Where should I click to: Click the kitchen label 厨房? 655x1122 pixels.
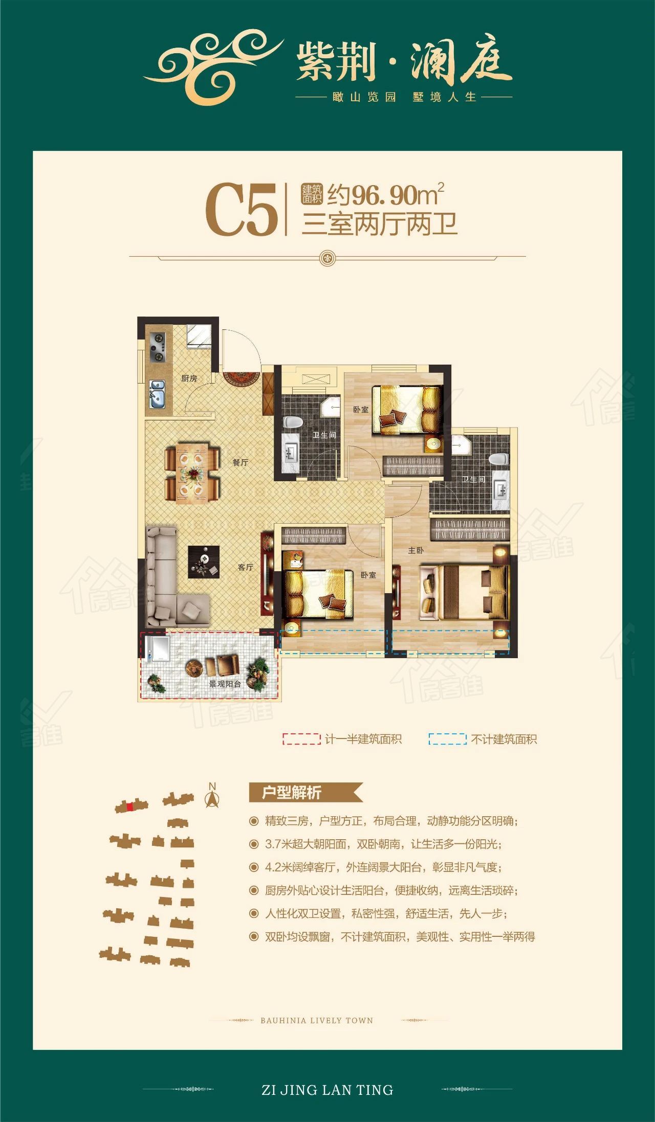click(189, 378)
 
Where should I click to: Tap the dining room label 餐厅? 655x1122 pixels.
click(240, 462)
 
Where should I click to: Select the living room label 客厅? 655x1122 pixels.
click(246, 567)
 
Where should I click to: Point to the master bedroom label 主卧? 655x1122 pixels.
click(416, 550)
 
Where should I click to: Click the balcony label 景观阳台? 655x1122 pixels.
click(225, 683)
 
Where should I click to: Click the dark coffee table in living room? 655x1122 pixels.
click(204, 562)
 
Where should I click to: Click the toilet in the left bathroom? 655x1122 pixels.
click(293, 422)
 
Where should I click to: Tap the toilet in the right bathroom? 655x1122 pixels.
click(499, 459)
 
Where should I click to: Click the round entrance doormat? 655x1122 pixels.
click(240, 378)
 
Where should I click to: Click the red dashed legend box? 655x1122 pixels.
click(301, 739)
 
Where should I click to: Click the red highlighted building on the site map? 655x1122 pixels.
click(130, 807)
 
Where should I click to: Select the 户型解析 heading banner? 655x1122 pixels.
click(305, 793)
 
